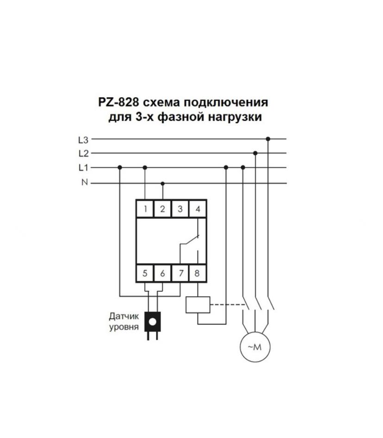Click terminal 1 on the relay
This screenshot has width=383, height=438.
point(145,209)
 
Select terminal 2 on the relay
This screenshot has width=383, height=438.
point(162,209)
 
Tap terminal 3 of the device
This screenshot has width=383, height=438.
point(180,209)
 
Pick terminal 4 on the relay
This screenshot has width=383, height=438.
point(198,209)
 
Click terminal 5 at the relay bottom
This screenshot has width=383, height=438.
point(145,273)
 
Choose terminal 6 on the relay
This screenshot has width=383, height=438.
point(162,273)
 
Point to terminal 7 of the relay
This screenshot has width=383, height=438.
point(180,273)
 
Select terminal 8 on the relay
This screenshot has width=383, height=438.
point(198,273)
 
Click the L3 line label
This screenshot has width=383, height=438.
point(83,140)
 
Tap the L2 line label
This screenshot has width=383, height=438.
point(83,153)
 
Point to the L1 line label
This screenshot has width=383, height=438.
point(83,168)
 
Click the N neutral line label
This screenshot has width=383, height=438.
point(85,182)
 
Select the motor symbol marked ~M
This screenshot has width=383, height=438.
point(255,347)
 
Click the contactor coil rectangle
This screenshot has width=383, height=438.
point(198,305)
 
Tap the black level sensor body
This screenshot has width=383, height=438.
point(153,321)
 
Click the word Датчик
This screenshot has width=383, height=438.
point(124,317)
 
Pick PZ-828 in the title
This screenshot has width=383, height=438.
point(118,102)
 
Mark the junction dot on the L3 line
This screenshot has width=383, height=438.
point(268,139)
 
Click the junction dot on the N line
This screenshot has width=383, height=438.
point(163,183)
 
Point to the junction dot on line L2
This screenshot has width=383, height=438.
point(255,153)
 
